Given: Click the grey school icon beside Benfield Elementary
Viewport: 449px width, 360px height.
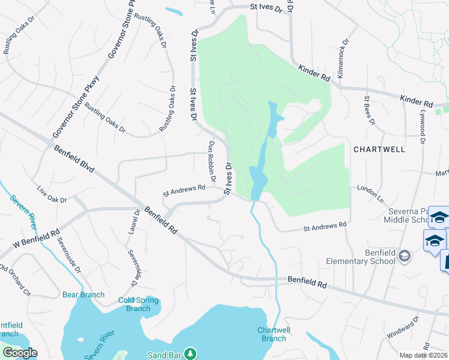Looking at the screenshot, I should [405, 257].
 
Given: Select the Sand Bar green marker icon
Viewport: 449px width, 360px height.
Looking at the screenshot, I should [190, 353].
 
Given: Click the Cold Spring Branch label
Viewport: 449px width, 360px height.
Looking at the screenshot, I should [139, 304].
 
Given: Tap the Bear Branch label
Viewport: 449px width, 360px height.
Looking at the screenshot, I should [83, 295].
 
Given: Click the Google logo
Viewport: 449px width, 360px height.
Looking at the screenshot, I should [20, 353].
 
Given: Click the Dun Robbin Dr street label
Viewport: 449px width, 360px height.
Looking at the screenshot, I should [212, 162].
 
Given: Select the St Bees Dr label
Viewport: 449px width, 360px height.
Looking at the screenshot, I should [369, 110].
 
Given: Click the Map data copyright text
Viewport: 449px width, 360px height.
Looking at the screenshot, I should [424, 355].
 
